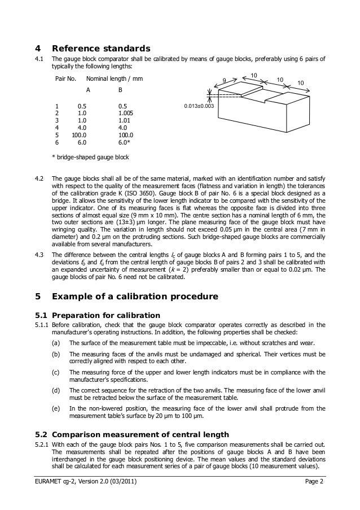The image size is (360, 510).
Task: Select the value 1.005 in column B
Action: [x=126, y=113]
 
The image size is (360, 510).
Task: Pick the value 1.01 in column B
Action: [x=125, y=120]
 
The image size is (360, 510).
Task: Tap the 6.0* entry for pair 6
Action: [x=125, y=143]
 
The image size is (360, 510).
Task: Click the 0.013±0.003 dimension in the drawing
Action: [x=199, y=106]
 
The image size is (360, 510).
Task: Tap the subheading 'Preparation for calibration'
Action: [x=106, y=315]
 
